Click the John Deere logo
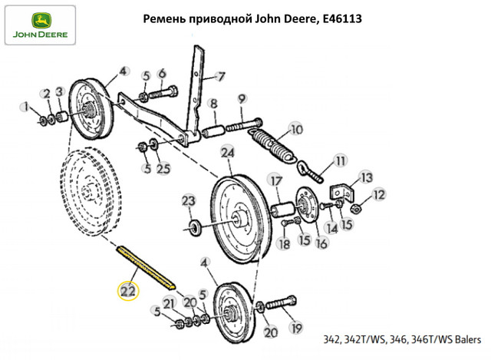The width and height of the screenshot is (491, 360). click(38, 25)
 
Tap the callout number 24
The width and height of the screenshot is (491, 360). click(227, 153)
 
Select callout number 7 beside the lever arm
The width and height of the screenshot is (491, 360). click(220, 77)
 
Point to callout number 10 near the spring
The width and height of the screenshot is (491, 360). click(296, 129)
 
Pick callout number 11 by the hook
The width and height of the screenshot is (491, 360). click(341, 163)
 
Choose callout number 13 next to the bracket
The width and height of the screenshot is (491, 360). click(365, 177)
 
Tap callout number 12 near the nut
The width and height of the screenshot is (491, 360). click(378, 195)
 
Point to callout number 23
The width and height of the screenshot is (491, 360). click(188, 201)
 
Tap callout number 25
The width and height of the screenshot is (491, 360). click(163, 168)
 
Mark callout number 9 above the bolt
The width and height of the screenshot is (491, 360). click(242, 98)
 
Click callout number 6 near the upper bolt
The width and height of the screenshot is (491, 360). click(162, 74)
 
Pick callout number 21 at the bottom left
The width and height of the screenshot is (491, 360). click(169, 306)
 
